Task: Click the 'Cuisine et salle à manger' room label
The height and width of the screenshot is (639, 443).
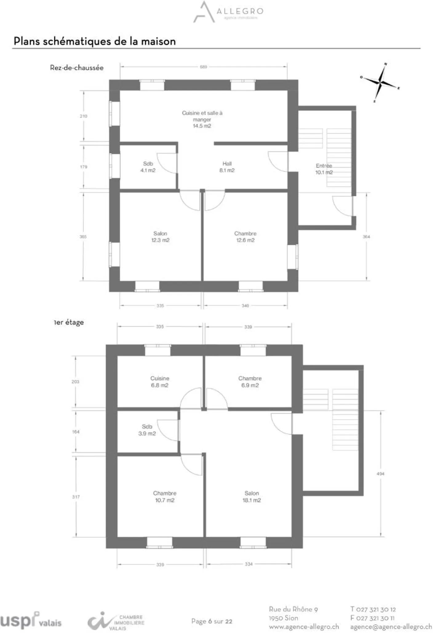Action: (202, 119)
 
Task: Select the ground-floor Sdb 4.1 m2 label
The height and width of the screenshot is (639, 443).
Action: (148, 167)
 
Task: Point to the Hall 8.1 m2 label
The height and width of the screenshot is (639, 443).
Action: (227, 167)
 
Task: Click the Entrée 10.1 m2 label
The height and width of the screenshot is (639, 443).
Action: (324, 169)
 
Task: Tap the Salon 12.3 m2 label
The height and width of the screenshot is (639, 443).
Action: (160, 237)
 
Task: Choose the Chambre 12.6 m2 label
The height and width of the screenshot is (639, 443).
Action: (245, 237)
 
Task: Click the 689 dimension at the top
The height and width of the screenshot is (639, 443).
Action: (203, 67)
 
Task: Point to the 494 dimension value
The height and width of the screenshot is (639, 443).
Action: (380, 474)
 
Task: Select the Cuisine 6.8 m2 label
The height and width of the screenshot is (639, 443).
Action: (160, 381)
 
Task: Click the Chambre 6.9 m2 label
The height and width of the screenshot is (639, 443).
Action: (250, 381)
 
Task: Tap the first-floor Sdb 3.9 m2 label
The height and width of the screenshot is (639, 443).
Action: (147, 430)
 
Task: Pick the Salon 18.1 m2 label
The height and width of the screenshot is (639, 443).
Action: (252, 497)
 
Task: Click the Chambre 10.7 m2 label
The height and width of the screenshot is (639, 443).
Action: (165, 497)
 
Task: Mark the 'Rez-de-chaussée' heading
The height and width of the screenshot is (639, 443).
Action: (77, 68)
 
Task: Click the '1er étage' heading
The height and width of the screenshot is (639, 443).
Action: (69, 322)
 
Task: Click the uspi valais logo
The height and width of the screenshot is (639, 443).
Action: (30, 620)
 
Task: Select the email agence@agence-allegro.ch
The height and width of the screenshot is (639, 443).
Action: (391, 626)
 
